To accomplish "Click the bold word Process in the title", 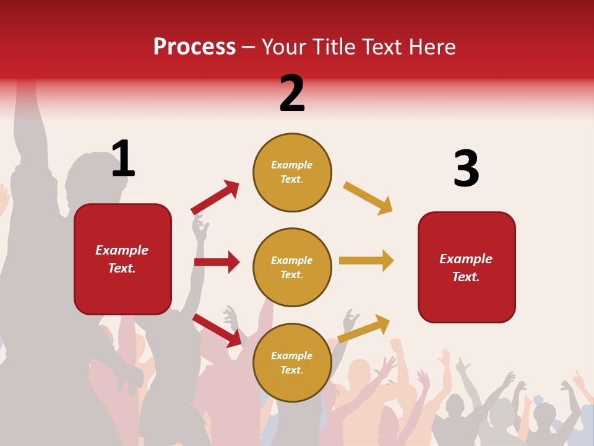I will click(194, 47).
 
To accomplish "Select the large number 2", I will click(292, 94).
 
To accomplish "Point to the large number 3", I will click(466, 168).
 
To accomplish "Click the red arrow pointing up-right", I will click(215, 198).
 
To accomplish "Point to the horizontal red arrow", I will click(217, 262).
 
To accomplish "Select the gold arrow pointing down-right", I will click(368, 198).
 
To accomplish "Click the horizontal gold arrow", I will click(366, 260).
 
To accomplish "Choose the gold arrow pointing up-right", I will click(364, 328).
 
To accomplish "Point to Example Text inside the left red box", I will click(122, 259).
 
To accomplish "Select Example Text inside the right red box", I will click(466, 268).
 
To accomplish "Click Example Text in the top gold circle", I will click(292, 172).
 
